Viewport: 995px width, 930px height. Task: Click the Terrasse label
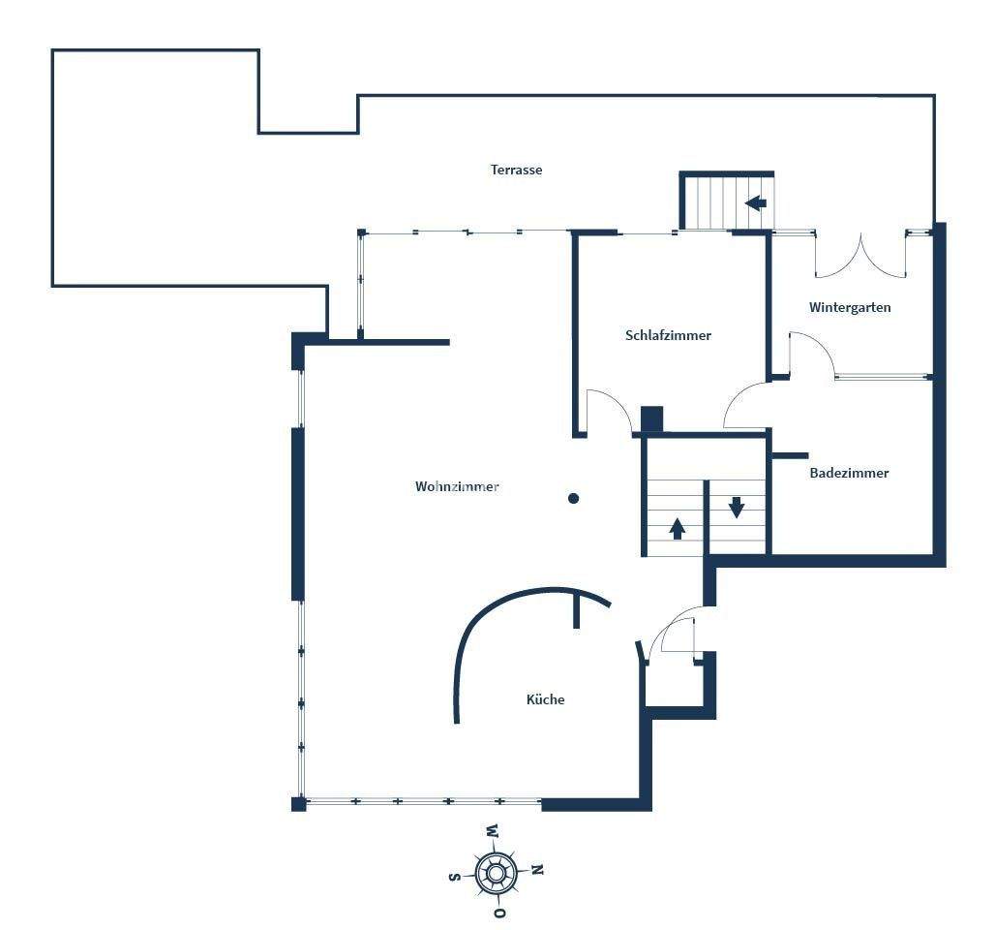tap(516, 170)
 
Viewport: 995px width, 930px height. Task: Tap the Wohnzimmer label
tap(457, 486)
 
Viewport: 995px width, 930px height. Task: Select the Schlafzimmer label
tap(668, 335)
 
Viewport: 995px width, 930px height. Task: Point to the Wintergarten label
tap(850, 307)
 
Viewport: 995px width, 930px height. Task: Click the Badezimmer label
tap(849, 473)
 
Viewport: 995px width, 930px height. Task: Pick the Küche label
tap(545, 698)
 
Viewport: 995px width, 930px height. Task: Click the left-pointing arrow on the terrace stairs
tap(756, 203)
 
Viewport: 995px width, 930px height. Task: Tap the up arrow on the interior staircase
tap(678, 528)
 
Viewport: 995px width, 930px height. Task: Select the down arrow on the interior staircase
tap(737, 506)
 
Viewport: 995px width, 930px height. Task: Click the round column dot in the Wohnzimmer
tap(573, 499)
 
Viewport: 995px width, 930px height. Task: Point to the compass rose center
tap(496, 873)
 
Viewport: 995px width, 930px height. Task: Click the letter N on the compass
tap(538, 870)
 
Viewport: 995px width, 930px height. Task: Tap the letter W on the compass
tap(492, 830)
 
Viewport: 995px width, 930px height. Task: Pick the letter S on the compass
tap(454, 877)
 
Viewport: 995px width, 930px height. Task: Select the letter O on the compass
tap(499, 913)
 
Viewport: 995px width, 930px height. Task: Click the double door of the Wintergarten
tap(859, 256)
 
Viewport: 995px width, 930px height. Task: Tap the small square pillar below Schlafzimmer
tap(651, 418)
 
